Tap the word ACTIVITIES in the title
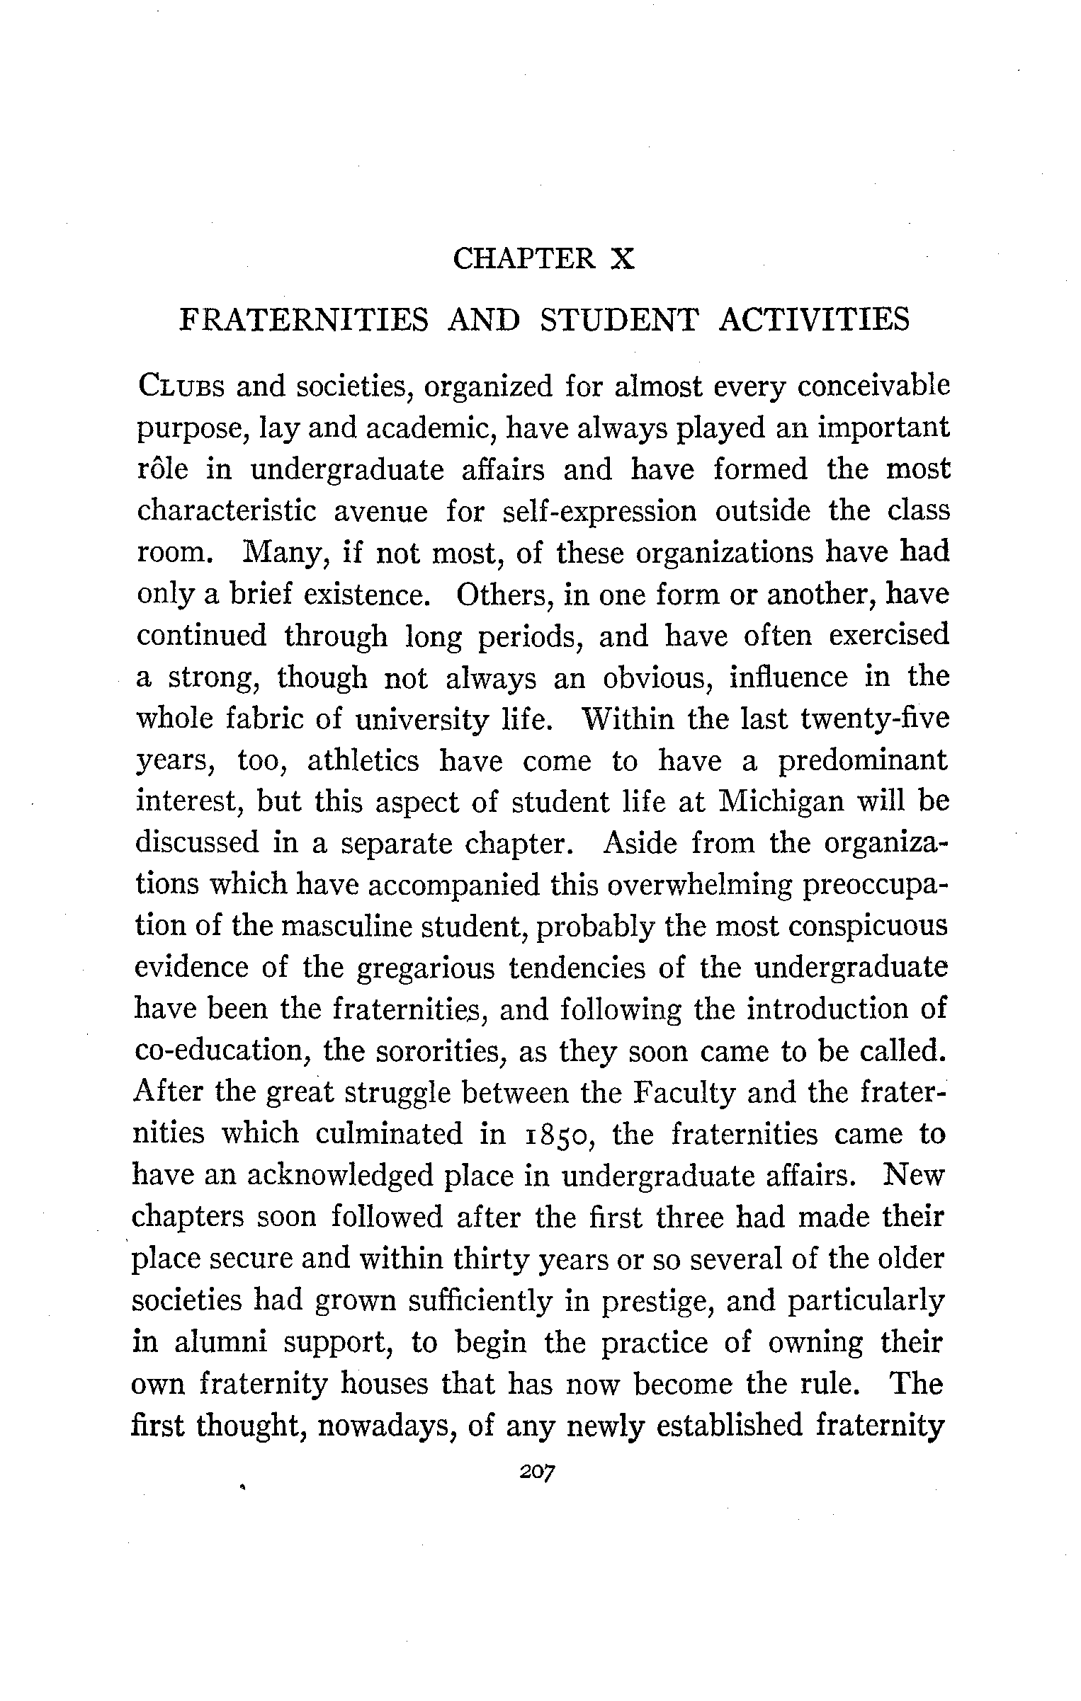pos(814,320)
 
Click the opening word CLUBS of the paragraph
pos(181,388)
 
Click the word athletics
pos(363,761)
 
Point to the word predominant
pos(863,761)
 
